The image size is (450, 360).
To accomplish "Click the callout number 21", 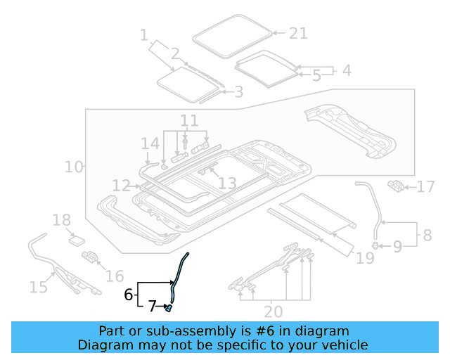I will point(299,33).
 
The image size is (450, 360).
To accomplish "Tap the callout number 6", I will point(128,295).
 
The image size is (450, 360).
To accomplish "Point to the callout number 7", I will point(151,307).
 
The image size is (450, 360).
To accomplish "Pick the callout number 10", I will point(73,167).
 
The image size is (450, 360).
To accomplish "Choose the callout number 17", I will point(426,187).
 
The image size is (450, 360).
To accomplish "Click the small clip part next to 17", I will point(397,186).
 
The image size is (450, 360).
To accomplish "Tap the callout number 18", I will point(62,220).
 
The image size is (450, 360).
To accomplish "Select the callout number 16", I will point(115,276).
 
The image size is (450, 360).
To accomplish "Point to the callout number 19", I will point(365,259).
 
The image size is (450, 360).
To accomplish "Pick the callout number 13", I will point(226,184).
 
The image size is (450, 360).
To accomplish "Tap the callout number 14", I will point(150,144).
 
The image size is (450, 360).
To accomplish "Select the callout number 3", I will point(238,91).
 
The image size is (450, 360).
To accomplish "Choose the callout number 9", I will point(397,246).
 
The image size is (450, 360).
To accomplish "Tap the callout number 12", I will point(121,186).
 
